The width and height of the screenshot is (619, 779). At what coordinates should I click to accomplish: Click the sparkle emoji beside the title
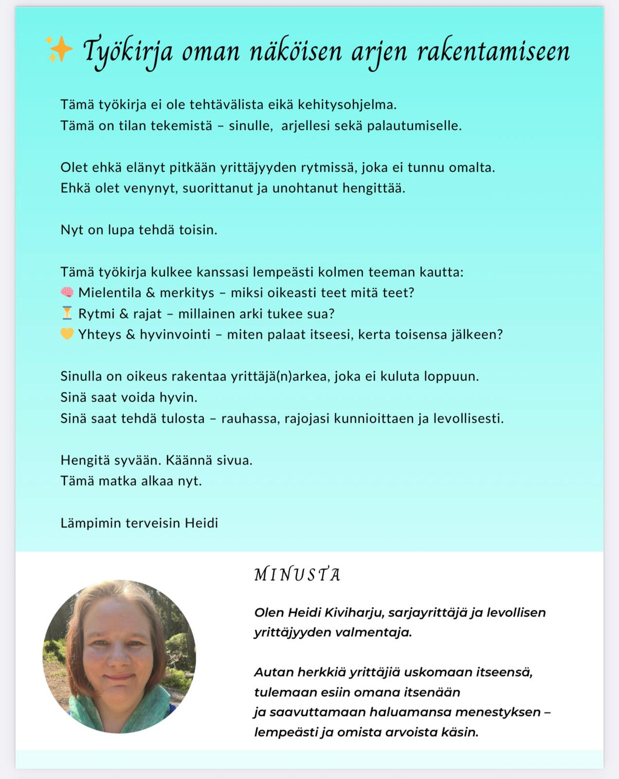(x=59, y=49)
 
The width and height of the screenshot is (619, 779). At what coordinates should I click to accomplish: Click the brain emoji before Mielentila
(x=67, y=293)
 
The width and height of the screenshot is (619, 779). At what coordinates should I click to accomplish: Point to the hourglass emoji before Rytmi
(x=67, y=314)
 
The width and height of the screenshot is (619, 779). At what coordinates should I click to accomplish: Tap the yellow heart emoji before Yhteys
(x=67, y=334)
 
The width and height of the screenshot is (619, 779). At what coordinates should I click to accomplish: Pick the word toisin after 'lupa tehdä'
(x=198, y=230)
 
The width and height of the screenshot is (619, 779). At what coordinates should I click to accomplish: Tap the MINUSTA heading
(x=297, y=575)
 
